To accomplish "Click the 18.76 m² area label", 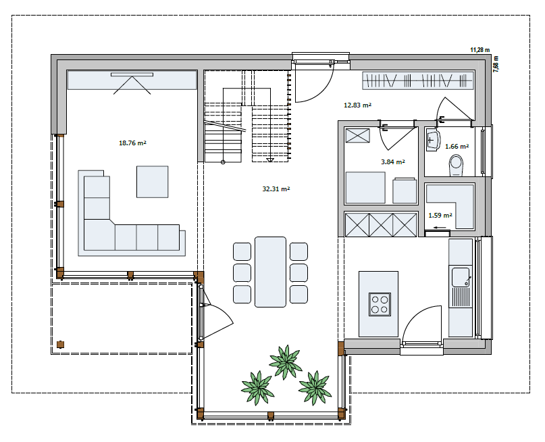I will pos(133,143).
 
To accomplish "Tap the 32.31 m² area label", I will pos(276,190).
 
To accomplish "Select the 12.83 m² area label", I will pos(358,105).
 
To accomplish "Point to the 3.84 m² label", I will pos(393,162).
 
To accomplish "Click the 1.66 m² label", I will pos(457,146).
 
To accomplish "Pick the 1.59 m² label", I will pos(440,216).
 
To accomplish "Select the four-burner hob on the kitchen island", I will pos(380,303).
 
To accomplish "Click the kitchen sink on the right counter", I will pos(461,276).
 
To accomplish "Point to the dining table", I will pos(270,271).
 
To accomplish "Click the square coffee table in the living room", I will pos(152,181).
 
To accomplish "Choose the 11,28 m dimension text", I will pos(479,49).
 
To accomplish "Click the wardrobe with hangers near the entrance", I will pos(418,81).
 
